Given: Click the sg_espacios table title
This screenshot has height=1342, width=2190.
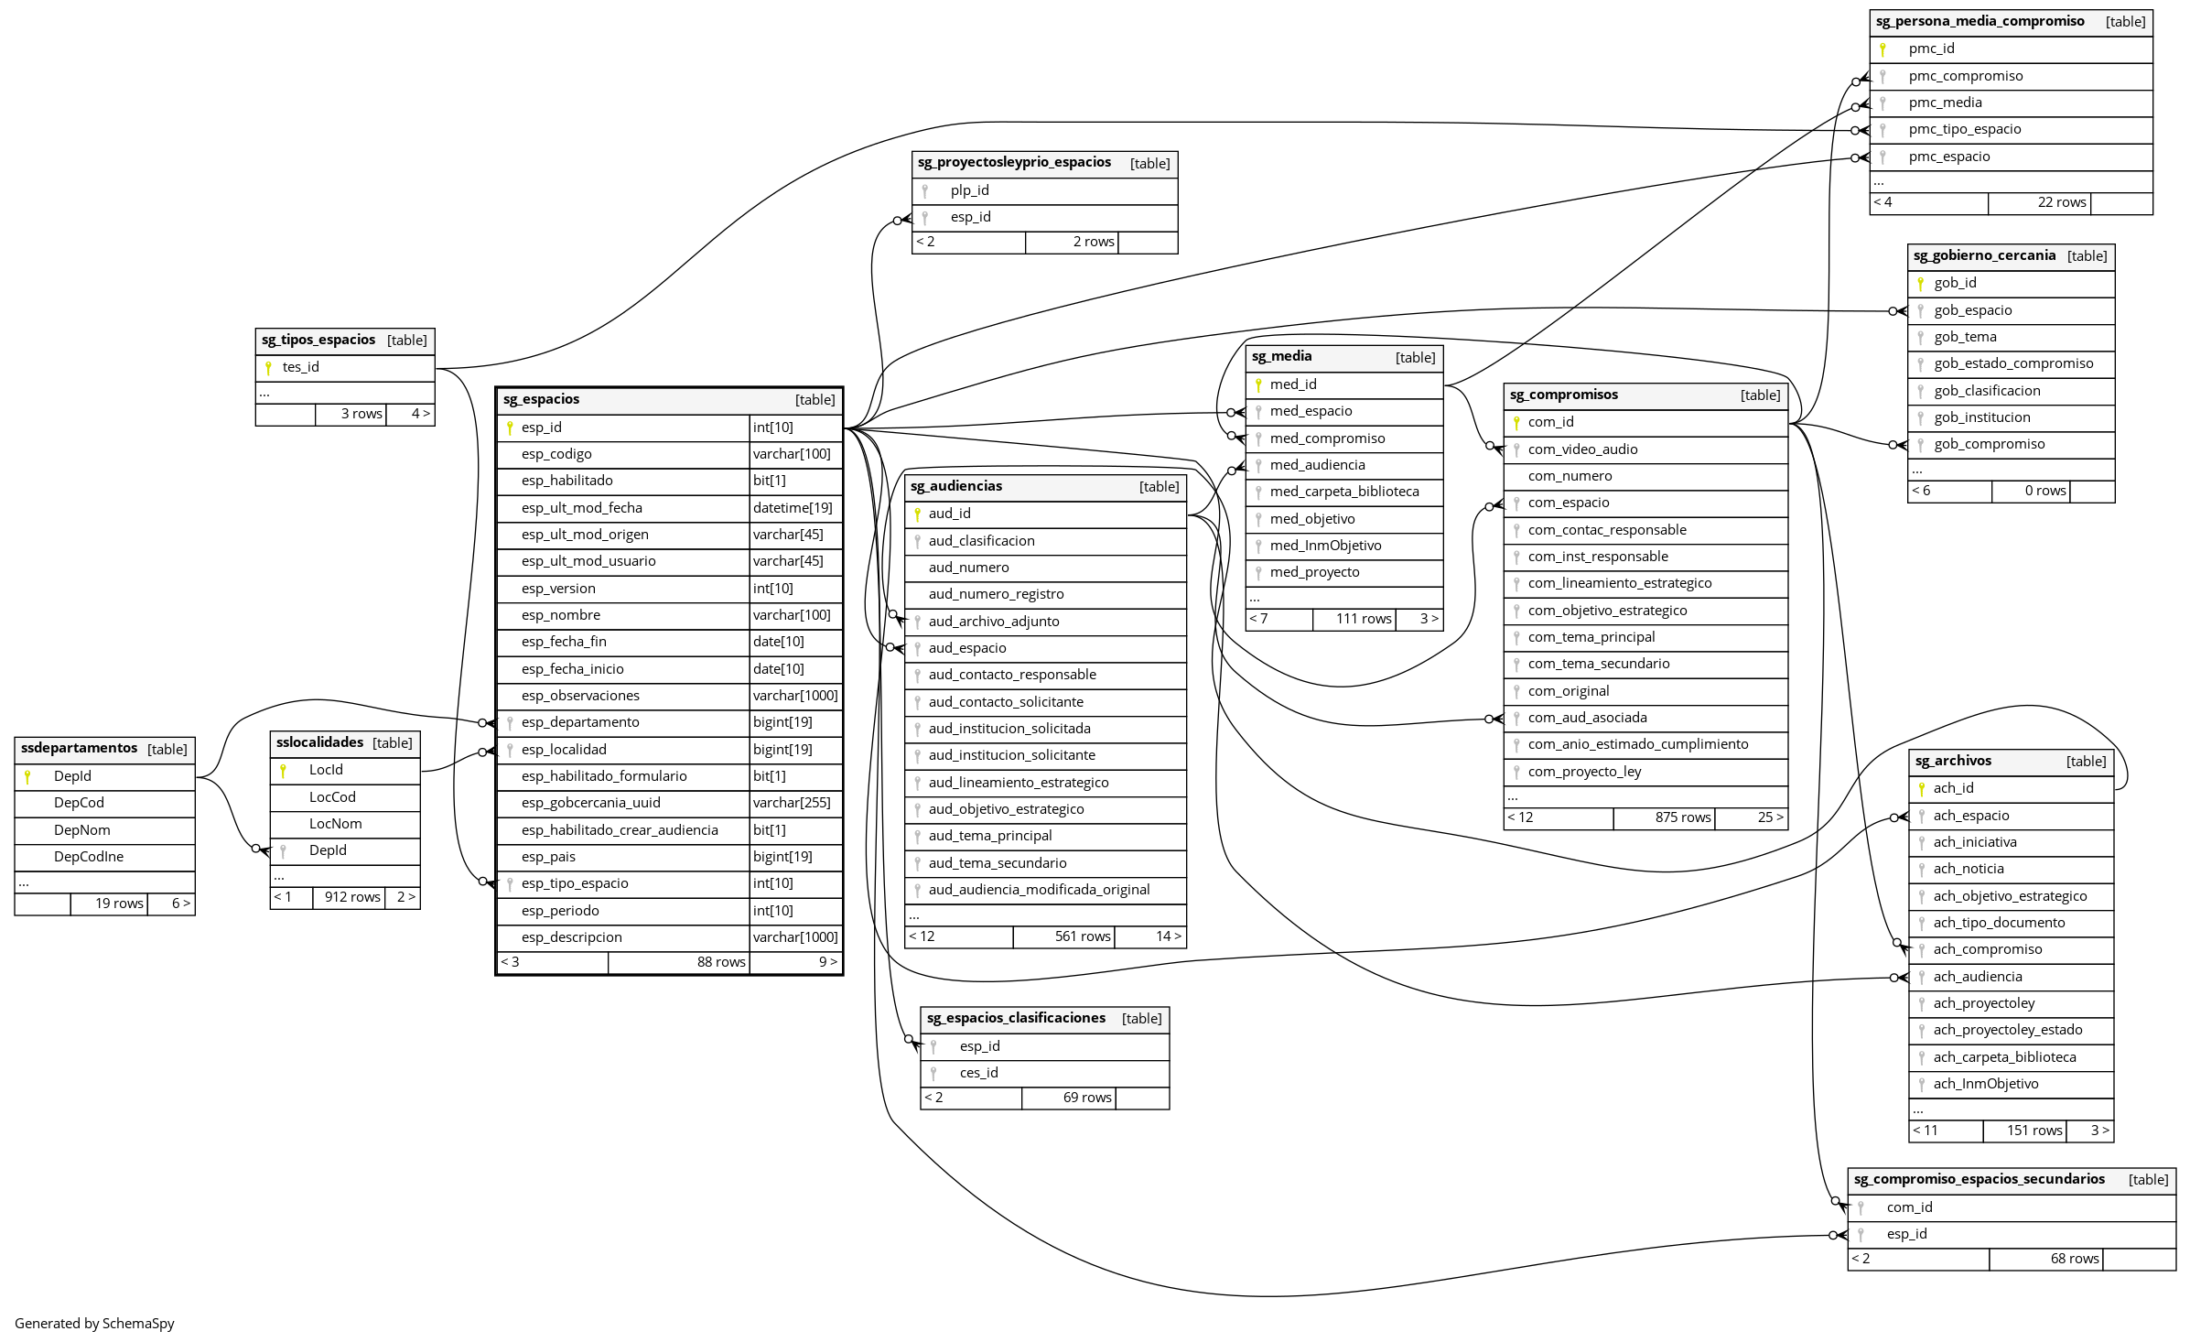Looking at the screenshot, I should click(541, 399).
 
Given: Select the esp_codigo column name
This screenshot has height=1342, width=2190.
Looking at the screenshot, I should click(556, 454).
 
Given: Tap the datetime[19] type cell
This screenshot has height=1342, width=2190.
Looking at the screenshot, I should click(793, 508).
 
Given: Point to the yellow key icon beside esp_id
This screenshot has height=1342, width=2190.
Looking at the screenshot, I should click(510, 427).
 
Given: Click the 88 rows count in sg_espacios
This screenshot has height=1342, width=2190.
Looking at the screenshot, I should click(721, 962).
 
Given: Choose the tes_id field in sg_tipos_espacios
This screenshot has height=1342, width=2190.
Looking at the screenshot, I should click(301, 367).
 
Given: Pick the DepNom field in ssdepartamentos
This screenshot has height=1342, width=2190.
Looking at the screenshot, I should click(82, 830).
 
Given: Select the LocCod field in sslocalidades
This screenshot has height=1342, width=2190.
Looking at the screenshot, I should click(332, 797).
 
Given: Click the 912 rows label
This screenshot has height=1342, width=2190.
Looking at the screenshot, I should click(352, 897).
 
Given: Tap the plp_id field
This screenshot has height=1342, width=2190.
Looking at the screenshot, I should click(970, 190).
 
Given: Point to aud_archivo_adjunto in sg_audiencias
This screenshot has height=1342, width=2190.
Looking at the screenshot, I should click(994, 622).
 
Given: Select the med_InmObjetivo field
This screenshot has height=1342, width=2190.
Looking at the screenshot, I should click(1325, 546).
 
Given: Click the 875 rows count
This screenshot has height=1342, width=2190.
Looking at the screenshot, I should click(1682, 817).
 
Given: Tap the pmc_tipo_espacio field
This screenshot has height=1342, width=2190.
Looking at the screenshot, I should click(1965, 129).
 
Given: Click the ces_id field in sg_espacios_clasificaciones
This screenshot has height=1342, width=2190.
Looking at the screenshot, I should click(979, 1073).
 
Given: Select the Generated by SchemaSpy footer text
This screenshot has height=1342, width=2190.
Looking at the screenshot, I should click(94, 1323).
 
